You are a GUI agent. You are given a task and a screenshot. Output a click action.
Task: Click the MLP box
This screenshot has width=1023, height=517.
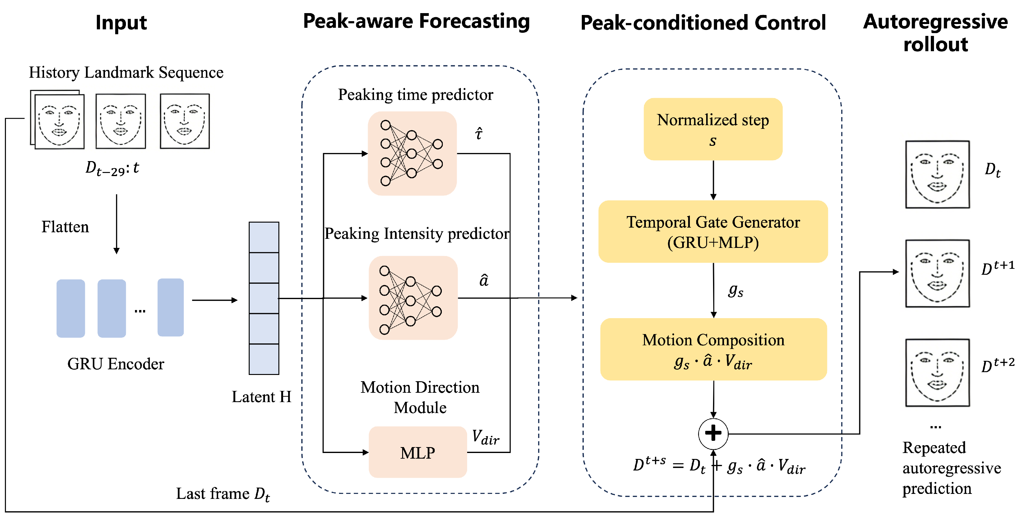[x=417, y=452]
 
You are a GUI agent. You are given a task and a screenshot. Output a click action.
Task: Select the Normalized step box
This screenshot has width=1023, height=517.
[x=713, y=129]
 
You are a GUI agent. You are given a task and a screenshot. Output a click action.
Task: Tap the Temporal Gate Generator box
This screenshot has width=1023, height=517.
[x=713, y=232]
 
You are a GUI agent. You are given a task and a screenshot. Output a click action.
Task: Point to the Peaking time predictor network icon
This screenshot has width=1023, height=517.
[x=412, y=153]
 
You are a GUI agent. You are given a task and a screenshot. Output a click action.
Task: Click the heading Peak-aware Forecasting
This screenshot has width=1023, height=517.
[x=416, y=22]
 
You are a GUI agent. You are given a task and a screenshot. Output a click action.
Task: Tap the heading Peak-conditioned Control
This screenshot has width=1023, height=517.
[x=703, y=22]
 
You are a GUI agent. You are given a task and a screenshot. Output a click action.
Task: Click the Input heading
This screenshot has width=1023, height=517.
[x=121, y=22]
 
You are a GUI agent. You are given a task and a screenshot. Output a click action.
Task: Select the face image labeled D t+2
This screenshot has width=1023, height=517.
[x=937, y=372]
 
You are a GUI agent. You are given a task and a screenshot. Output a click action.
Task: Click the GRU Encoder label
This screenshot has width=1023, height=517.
[x=116, y=364]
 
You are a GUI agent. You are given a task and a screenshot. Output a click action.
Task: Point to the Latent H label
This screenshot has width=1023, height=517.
[x=261, y=397]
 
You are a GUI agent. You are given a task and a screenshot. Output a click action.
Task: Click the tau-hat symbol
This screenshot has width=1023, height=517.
[x=479, y=133]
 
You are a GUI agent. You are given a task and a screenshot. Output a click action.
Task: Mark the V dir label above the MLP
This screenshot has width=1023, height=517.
[x=485, y=437]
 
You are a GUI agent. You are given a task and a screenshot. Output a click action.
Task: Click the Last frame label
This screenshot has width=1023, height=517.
[x=223, y=494]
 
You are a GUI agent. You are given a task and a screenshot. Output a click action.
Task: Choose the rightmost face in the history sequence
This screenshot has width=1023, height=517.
[x=185, y=121]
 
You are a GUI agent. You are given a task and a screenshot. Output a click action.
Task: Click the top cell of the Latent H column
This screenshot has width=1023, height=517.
[x=264, y=237]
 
